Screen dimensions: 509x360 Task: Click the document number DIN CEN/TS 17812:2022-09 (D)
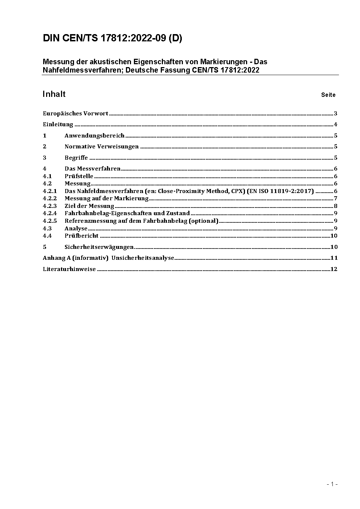(112, 38)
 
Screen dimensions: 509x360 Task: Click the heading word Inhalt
(54, 94)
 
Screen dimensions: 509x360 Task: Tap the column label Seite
(328, 95)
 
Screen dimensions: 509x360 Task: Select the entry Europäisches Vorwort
(75, 114)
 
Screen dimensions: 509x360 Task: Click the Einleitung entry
(58, 124)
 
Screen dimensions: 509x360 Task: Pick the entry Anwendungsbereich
(94, 136)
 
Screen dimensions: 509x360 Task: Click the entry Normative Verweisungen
(102, 147)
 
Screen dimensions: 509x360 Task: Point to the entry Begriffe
(76, 158)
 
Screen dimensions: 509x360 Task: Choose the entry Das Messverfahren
(93, 169)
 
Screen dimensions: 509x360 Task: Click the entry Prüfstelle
(79, 176)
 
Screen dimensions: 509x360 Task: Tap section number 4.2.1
(50, 191)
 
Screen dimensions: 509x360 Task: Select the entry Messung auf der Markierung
(107, 198)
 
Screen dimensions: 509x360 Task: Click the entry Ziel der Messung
(89, 206)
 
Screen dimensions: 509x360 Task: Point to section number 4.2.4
(50, 213)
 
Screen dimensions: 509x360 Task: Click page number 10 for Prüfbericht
(334, 236)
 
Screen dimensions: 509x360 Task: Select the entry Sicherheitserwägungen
(99, 247)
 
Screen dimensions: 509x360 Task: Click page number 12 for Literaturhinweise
(334, 269)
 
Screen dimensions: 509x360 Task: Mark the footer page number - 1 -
(332, 484)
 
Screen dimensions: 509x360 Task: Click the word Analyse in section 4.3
(76, 229)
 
